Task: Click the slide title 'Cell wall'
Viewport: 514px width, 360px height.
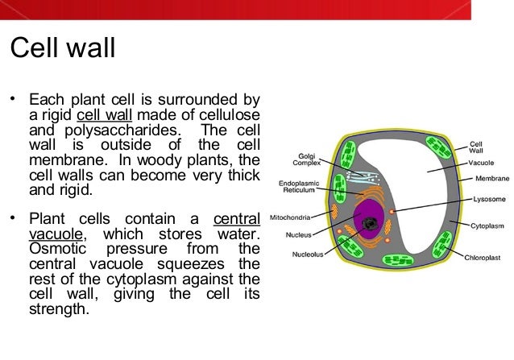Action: click(x=62, y=48)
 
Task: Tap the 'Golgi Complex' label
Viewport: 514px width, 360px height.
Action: click(x=306, y=159)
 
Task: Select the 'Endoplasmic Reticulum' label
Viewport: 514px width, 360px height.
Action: click(x=300, y=187)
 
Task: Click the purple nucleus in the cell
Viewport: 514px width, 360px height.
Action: click(x=370, y=220)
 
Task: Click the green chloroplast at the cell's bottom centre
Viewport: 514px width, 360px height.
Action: click(x=396, y=261)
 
